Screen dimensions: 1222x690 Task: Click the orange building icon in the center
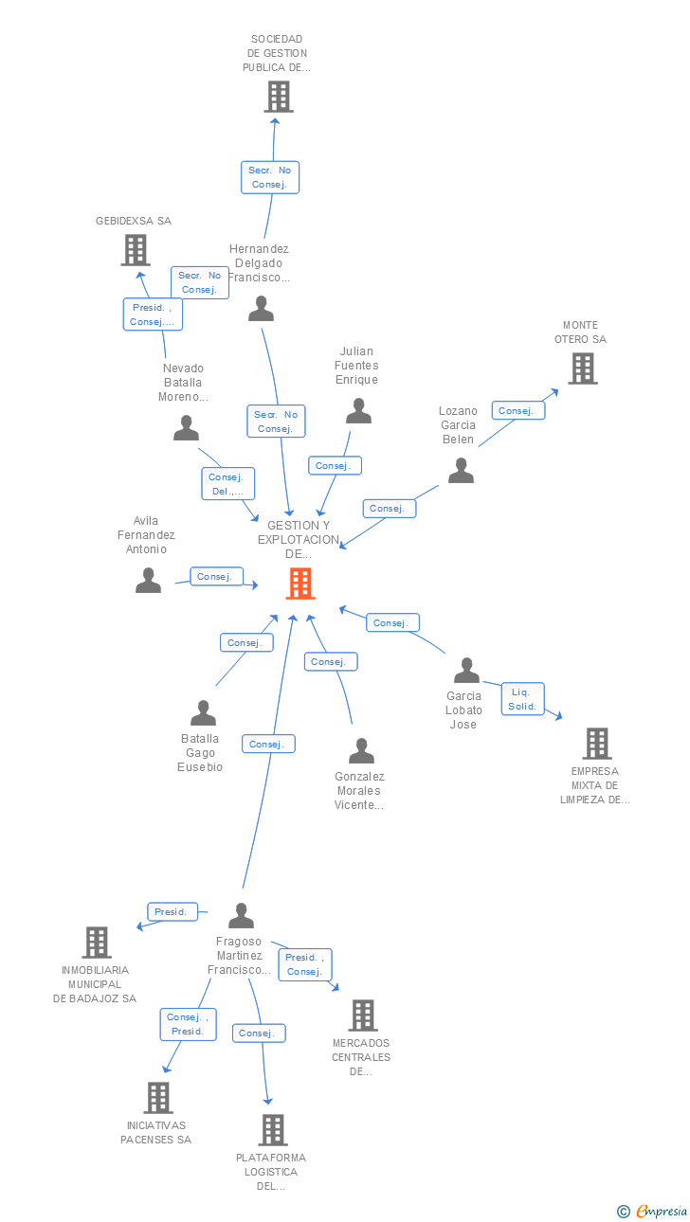[300, 584]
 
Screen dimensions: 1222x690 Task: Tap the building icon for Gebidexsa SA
[136, 249]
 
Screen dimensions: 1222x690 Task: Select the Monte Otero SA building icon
[582, 368]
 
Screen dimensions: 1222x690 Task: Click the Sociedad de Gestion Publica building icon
[279, 97]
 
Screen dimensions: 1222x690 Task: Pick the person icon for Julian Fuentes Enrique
[358, 411]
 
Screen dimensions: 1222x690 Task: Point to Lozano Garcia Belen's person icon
[461, 470]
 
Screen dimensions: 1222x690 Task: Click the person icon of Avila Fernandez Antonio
[148, 580]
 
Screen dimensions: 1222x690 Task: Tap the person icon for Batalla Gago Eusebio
[203, 712]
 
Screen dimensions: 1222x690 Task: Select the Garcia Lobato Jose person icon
[466, 670]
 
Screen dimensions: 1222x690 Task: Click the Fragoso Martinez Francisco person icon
[242, 915]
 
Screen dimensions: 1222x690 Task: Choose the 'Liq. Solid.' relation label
[522, 699]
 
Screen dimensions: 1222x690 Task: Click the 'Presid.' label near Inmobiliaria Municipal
[172, 912]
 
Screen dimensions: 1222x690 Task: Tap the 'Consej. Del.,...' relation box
[227, 484]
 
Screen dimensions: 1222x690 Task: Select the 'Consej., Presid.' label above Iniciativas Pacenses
[188, 1024]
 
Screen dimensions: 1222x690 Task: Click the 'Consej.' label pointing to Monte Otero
[517, 410]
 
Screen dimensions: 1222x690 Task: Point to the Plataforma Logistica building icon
[273, 1129]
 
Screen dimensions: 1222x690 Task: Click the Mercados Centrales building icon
[363, 1015]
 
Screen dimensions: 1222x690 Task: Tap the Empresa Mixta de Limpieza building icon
[596, 744]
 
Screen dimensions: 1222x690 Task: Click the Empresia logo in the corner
[653, 1211]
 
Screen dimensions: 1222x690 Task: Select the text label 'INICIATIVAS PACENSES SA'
[155, 1133]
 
